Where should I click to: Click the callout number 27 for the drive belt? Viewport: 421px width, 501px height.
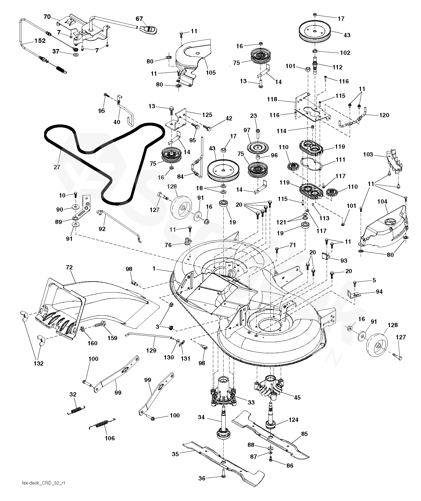(x=57, y=167)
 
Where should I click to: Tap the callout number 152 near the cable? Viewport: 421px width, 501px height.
(x=40, y=41)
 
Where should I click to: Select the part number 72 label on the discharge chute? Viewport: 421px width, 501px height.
(x=69, y=267)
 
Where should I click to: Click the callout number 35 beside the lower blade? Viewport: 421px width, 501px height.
(x=175, y=454)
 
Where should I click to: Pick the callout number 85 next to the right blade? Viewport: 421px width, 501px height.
(x=304, y=434)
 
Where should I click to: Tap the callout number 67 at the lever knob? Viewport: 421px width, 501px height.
(x=139, y=19)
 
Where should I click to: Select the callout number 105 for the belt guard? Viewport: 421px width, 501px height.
(x=211, y=72)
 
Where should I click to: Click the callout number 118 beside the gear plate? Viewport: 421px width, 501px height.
(x=272, y=99)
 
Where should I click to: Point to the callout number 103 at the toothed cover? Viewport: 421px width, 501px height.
(x=368, y=154)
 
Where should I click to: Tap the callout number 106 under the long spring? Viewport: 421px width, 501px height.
(x=110, y=438)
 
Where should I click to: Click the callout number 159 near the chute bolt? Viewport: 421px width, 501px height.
(x=112, y=338)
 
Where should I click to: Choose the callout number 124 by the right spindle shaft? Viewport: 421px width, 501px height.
(x=293, y=420)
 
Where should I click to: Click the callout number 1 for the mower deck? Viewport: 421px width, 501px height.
(x=154, y=269)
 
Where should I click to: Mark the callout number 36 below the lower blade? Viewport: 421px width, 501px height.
(x=202, y=478)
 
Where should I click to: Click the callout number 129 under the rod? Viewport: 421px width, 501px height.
(x=151, y=351)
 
